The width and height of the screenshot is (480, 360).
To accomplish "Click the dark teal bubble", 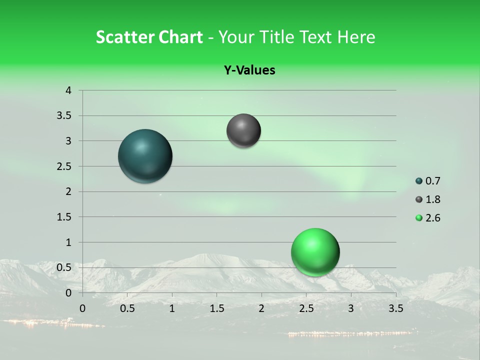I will point(145,156).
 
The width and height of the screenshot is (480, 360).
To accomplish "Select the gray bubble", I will point(243,131).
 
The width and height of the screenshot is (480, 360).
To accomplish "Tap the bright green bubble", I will point(315,252).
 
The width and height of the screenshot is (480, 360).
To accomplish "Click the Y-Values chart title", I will point(249,70).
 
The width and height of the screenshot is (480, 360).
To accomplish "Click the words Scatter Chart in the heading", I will point(149,37).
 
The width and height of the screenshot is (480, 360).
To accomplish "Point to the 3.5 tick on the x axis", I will point(395,308).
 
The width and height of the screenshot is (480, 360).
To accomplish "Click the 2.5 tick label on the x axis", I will point(306,308).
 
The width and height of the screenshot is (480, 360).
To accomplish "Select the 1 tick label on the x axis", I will point(172,308).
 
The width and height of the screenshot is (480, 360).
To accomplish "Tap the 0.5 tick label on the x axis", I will point(127,308).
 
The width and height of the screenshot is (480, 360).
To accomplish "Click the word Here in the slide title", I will point(356,37).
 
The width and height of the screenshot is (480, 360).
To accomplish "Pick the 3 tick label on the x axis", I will point(351,308).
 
